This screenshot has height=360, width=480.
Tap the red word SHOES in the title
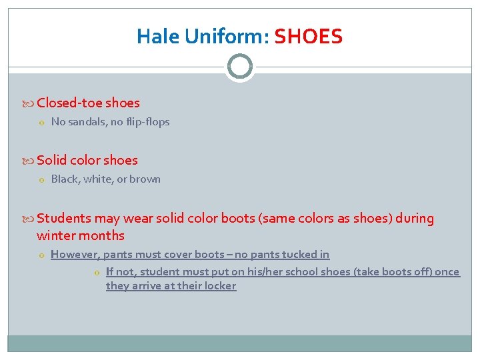click(x=308, y=36)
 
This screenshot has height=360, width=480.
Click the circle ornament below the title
click(x=240, y=67)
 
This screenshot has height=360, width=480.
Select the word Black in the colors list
click(x=65, y=179)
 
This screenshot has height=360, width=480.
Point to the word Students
click(x=64, y=219)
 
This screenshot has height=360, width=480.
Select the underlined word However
click(x=75, y=255)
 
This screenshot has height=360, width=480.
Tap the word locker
click(x=221, y=286)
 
